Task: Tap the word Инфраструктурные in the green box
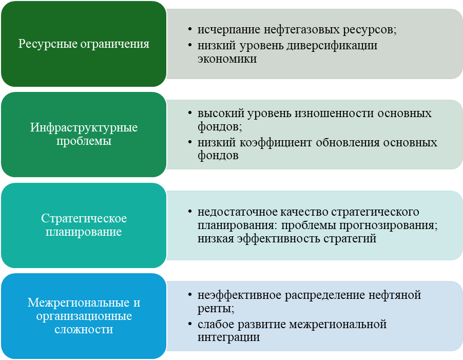pos(84,128)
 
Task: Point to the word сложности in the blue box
pos(84,329)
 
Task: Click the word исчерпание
pos(225,30)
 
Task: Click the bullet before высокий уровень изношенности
pos(190,113)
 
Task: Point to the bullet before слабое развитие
pos(190,325)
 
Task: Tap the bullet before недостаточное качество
pos(190,212)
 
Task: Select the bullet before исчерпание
pos(190,30)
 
